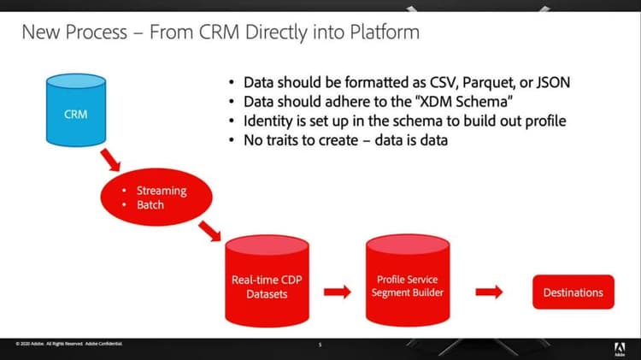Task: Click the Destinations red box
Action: coord(573,292)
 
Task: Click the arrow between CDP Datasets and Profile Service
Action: coord(338,292)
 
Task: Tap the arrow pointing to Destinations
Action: coord(489,292)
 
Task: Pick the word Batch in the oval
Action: coord(150,206)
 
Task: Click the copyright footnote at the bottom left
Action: coord(68,344)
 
